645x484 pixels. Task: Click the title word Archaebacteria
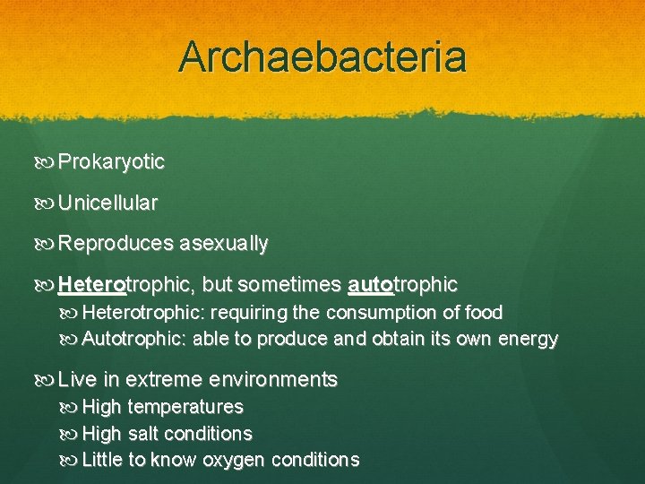(x=322, y=56)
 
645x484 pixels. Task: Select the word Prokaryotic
(x=111, y=162)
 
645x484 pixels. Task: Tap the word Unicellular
(x=107, y=203)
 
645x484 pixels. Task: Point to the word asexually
(x=223, y=244)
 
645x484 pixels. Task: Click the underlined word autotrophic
(x=402, y=285)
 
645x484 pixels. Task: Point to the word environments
(x=282, y=379)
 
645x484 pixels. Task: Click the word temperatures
(x=185, y=407)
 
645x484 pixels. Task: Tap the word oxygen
(x=235, y=461)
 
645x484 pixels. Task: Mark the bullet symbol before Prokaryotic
(x=47, y=163)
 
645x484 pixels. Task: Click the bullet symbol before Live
(x=47, y=380)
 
